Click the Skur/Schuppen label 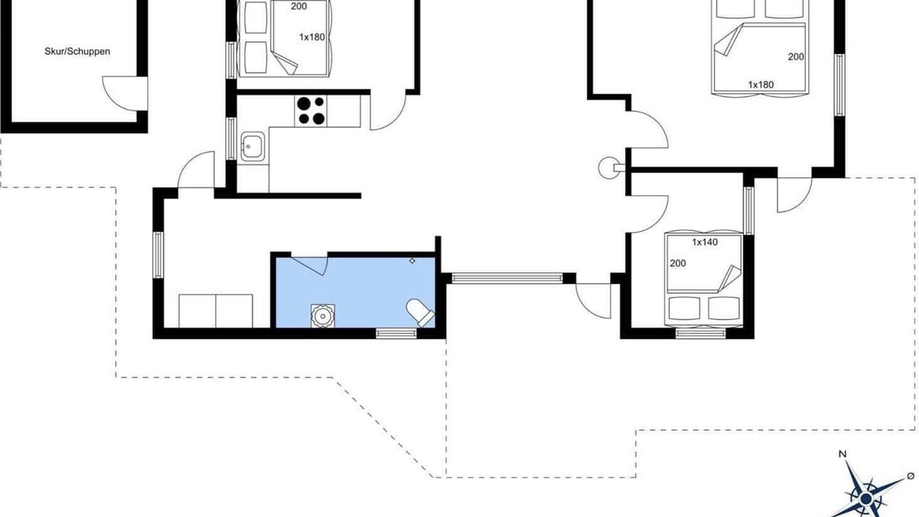pos(77,52)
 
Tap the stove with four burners pos(311,111)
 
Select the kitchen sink pos(252,146)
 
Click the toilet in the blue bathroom pos(420,312)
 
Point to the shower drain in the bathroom pos(322,316)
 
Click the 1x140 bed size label pos(705,242)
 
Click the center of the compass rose pos(866,499)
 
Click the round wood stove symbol pos(608,168)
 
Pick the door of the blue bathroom pos(309,266)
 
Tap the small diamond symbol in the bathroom pos(412,261)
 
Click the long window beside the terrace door pos(507,279)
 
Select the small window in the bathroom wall pos(396,333)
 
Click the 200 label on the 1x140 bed pos(678,263)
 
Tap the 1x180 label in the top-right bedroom pos(760,85)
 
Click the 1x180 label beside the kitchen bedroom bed pos(312,37)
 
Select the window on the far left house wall pos(159,255)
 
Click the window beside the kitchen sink pos(232,139)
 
